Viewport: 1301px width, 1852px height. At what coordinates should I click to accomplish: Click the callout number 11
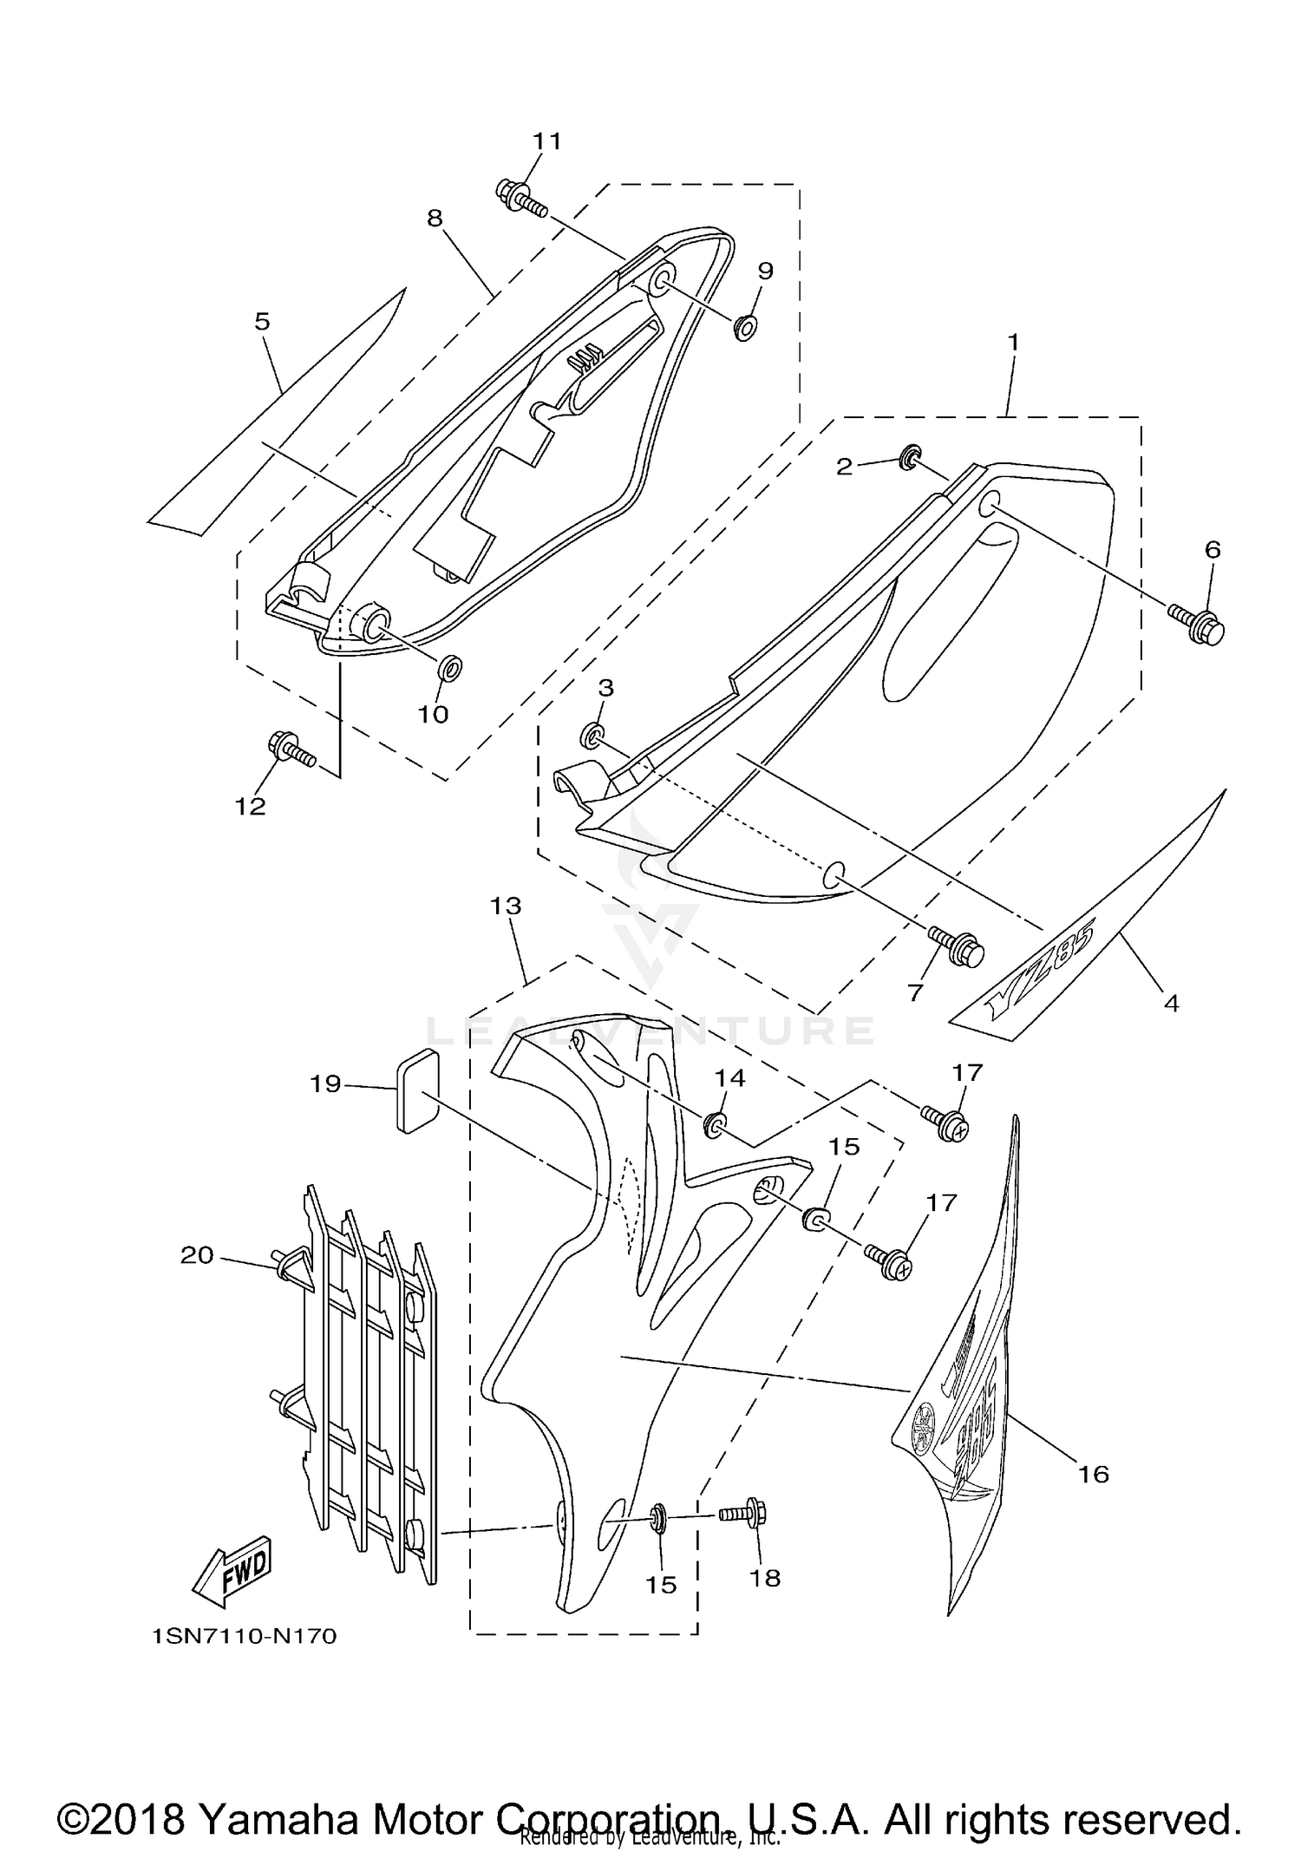(546, 141)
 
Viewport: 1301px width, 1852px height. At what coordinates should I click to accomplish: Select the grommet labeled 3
(592, 736)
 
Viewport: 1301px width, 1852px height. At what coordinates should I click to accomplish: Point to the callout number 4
(1171, 1004)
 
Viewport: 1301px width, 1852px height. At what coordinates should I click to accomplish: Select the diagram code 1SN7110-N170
(244, 1636)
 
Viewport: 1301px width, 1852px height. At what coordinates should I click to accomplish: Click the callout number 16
(1095, 1474)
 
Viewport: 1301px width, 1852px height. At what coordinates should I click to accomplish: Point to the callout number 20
(197, 1254)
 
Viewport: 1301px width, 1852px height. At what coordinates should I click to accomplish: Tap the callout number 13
(506, 906)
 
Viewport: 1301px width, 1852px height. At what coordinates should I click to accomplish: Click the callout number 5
(262, 322)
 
